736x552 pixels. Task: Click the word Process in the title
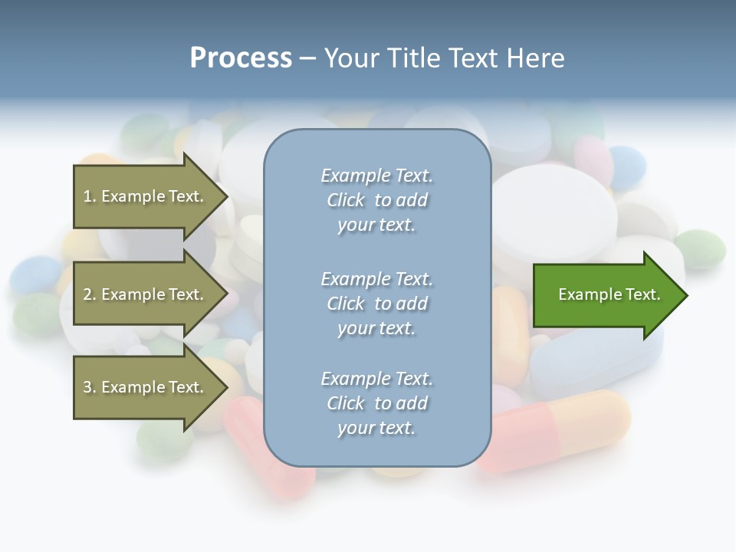click(241, 58)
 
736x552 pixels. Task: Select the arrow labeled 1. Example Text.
click(146, 196)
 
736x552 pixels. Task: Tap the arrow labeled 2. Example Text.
click(146, 294)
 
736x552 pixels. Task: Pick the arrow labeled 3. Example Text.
click(146, 387)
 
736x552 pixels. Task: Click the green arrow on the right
click(606, 295)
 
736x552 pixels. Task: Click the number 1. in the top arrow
click(90, 196)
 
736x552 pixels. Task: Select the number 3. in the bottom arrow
click(90, 387)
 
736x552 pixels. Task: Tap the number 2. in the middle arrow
click(90, 294)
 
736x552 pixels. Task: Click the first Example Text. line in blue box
click(376, 176)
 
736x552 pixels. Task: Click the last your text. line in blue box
click(376, 428)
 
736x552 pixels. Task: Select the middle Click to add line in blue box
click(376, 304)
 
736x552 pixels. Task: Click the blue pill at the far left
click(35, 274)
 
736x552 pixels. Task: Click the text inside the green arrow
click(609, 294)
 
